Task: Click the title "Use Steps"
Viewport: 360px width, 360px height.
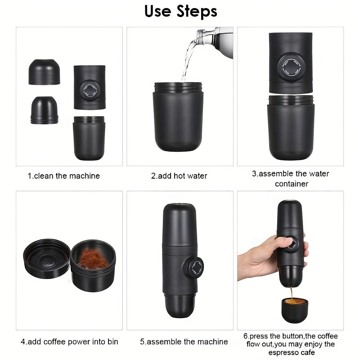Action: (x=180, y=11)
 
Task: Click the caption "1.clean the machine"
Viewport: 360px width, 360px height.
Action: (x=64, y=176)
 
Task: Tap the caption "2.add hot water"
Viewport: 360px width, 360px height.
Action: (x=179, y=176)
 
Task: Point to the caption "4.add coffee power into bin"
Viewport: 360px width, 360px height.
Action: (x=69, y=342)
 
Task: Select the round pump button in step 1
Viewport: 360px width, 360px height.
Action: (x=89, y=88)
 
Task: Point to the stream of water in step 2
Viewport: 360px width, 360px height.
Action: (x=188, y=61)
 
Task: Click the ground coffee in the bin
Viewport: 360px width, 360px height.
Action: (x=93, y=258)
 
